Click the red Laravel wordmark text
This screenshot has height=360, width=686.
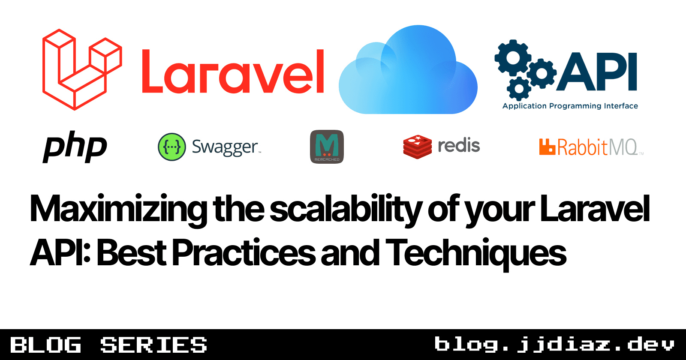tap(233, 72)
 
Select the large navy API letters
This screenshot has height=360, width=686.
tap(597, 72)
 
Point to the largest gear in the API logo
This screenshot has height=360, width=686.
tap(513, 57)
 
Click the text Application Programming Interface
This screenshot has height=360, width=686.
tap(570, 106)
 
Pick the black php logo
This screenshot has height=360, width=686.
tap(75, 147)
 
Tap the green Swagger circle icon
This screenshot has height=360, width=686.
tap(172, 147)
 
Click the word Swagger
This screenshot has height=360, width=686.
tap(225, 147)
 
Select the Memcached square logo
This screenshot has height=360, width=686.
tap(327, 147)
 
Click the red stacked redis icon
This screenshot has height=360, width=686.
tap(417, 147)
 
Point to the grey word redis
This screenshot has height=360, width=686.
tap(458, 146)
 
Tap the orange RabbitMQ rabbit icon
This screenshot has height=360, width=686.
tap(547, 147)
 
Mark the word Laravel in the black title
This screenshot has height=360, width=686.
tap(595, 209)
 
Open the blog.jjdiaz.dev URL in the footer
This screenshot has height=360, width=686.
tap(554, 345)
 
